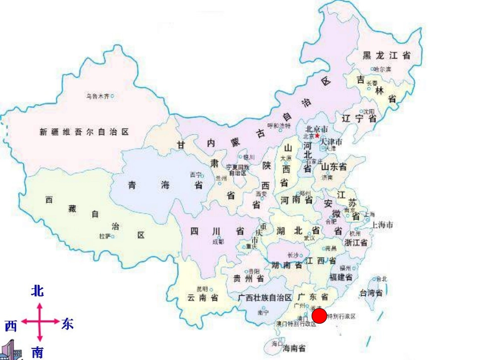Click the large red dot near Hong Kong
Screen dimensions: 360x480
pos(319,317)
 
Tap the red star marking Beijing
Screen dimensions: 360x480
pos(317,135)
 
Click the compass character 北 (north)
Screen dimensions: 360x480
pos(37,291)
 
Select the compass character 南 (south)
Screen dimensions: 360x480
pos(37,352)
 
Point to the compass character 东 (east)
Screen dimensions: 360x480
pos(67,324)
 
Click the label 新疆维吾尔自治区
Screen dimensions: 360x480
pos(84,132)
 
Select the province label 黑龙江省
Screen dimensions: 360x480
pos(387,56)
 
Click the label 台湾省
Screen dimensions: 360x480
pos(370,292)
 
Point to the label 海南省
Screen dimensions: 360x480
pos(294,348)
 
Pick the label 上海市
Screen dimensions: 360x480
pos(382,225)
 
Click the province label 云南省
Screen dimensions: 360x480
pos(203,298)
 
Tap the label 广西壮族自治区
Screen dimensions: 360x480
pos(265,297)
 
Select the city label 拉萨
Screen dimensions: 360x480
pos(105,236)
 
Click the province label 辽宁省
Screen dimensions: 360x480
pos(359,119)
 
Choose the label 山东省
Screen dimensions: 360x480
pos(334,167)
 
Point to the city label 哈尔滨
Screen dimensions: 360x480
pos(382,69)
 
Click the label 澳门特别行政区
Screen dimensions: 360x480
pos(296,324)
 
